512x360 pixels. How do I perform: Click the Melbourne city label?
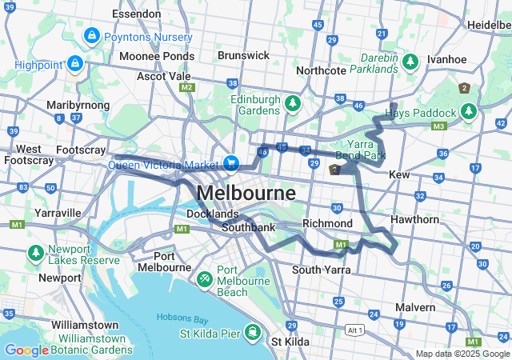click(245, 194)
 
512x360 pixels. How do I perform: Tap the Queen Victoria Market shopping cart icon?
click(231, 163)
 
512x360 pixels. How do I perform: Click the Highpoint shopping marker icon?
click(76, 62)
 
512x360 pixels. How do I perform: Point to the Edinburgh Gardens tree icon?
click(293, 103)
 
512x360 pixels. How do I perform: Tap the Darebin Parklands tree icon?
click(410, 62)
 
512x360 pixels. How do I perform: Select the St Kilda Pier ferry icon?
click(253, 332)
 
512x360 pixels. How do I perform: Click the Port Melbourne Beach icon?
click(204, 278)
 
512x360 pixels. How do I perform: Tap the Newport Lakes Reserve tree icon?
click(36, 253)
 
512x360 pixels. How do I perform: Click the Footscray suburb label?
click(82, 150)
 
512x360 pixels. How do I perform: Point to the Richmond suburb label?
click(327, 223)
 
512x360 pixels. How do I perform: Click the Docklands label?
click(212, 214)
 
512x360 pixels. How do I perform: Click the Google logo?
click(26, 350)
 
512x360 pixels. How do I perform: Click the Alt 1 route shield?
click(354, 330)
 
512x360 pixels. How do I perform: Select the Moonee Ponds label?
click(157, 57)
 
